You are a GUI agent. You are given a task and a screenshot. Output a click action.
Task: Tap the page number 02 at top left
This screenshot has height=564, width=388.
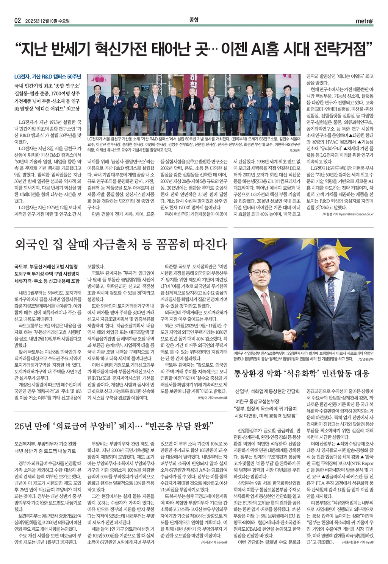coord(17,20)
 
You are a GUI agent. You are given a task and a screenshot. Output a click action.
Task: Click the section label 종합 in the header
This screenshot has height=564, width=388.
coord(194,20)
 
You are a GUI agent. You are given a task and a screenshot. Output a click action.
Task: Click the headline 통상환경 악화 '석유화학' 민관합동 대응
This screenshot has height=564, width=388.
coord(302,373)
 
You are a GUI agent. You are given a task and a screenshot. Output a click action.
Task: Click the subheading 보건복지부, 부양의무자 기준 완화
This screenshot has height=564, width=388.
coord(45,443)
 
